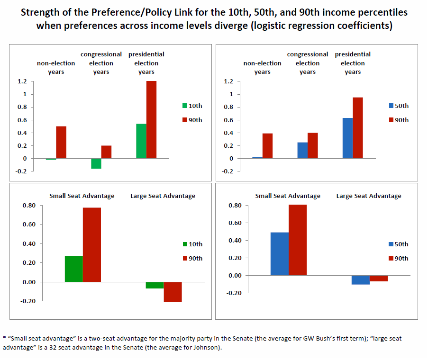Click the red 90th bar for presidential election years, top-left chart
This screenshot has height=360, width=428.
[x=151, y=119]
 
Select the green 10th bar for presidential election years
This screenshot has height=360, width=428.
[x=141, y=141]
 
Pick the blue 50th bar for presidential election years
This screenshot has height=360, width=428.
[x=347, y=138]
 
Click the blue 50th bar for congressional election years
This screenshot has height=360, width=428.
[x=302, y=150]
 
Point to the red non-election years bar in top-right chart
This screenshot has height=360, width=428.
[x=267, y=146]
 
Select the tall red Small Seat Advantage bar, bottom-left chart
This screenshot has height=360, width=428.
[x=92, y=244]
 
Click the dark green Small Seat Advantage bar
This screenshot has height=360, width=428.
[x=74, y=269]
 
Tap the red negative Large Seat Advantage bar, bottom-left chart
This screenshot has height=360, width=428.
[x=173, y=292]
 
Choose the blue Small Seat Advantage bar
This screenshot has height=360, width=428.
[x=280, y=254]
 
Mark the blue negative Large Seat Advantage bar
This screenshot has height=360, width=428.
[x=361, y=280]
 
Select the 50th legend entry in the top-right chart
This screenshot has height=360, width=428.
[x=398, y=106]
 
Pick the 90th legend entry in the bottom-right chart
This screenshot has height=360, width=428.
[x=398, y=258]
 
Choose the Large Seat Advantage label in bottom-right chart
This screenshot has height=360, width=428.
[x=369, y=196]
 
